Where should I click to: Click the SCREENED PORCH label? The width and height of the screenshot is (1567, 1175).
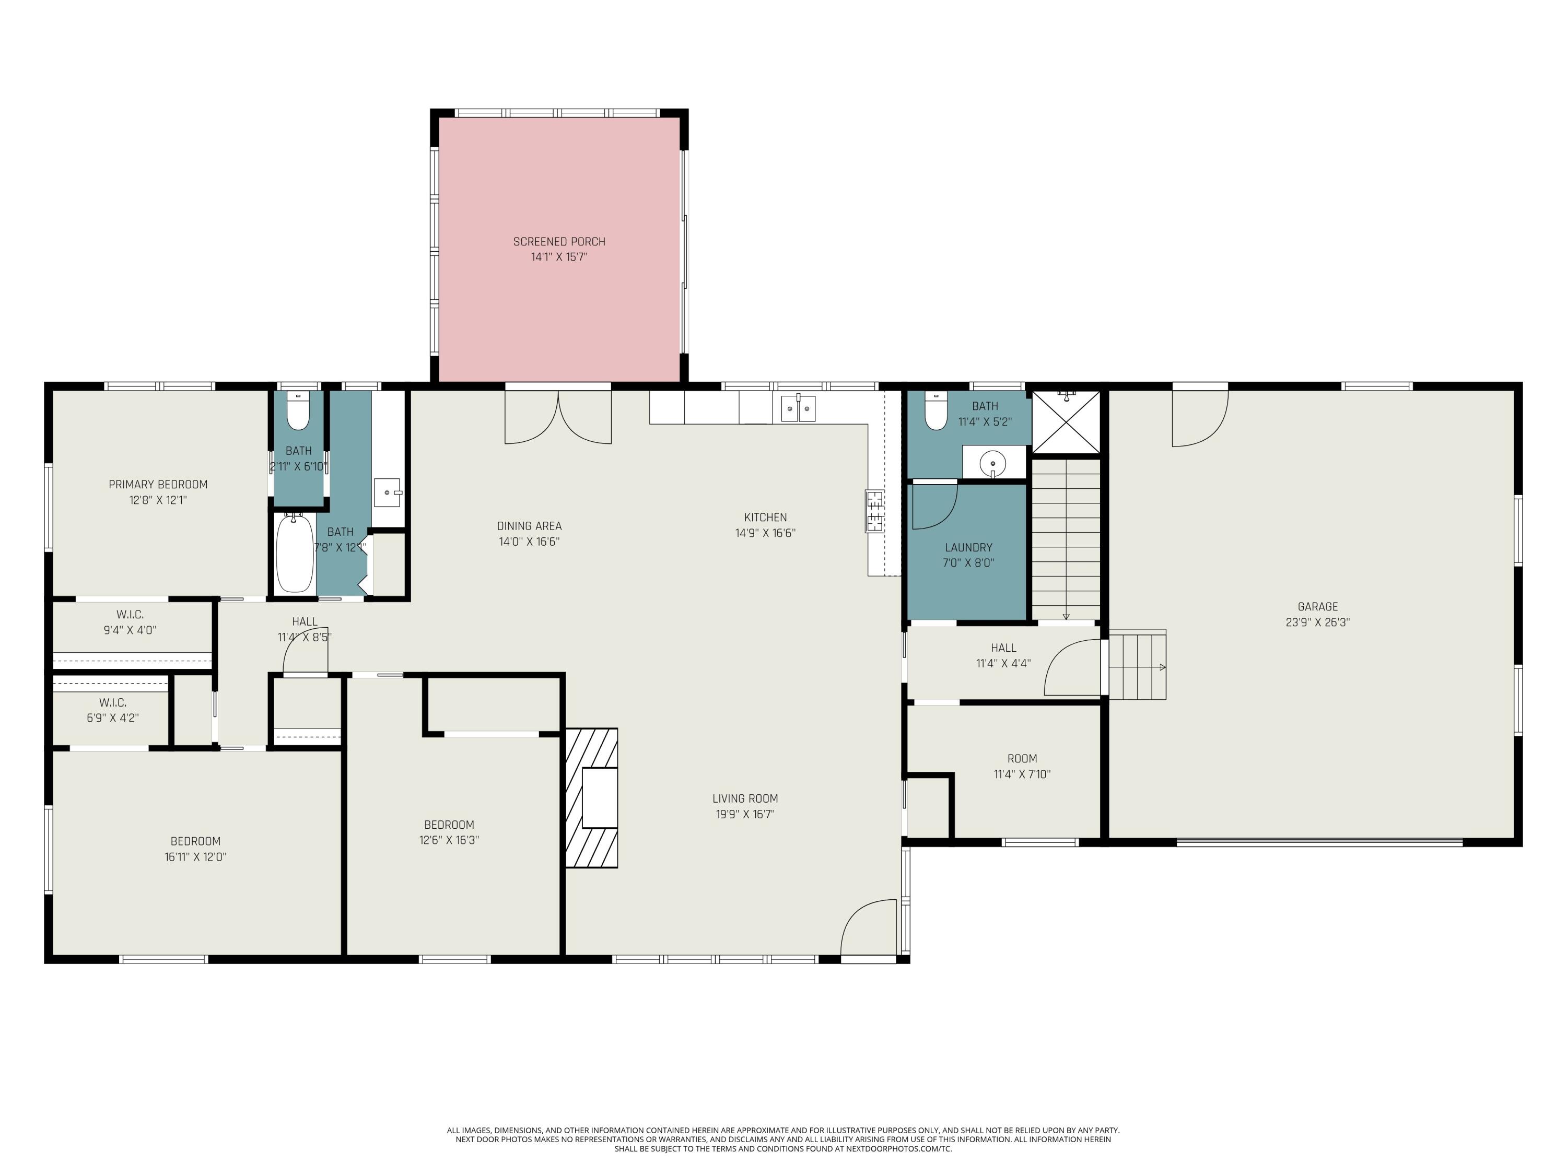559,241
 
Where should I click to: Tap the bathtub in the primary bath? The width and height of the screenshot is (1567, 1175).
294,554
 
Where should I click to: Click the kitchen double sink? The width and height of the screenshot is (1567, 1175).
798,409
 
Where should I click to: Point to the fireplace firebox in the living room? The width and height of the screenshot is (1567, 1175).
599,797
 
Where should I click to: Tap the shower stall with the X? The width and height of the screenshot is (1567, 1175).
1066,421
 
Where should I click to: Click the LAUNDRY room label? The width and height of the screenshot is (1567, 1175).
968,547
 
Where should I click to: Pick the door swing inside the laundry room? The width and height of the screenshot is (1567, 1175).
934,505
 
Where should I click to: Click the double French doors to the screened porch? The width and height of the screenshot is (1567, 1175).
558,418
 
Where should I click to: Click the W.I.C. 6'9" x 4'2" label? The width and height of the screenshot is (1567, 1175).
113,702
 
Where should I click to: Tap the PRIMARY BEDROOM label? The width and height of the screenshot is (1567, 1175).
158,485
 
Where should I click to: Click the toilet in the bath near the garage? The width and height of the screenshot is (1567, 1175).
936,412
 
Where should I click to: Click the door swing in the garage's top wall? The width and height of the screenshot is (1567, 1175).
1199,419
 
